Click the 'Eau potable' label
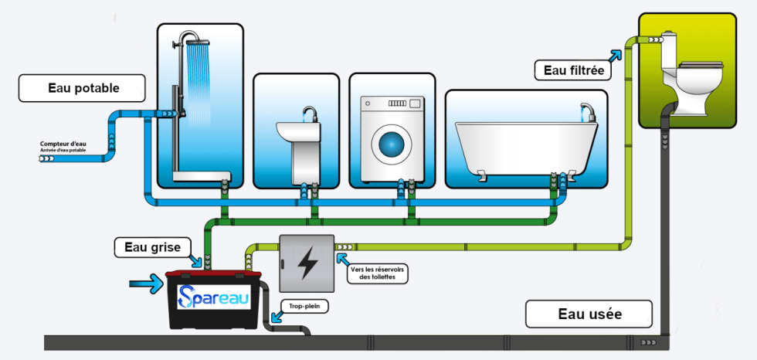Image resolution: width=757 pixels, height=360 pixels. [83, 88]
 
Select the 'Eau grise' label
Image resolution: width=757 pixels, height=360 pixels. [153, 247]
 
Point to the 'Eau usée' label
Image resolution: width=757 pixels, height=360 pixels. [589, 314]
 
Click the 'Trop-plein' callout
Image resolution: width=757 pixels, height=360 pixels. [303, 306]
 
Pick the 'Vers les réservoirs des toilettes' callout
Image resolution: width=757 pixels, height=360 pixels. [378, 273]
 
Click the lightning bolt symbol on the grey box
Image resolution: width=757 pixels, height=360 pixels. [307, 262]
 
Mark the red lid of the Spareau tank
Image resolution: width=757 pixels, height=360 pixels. [215, 275]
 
